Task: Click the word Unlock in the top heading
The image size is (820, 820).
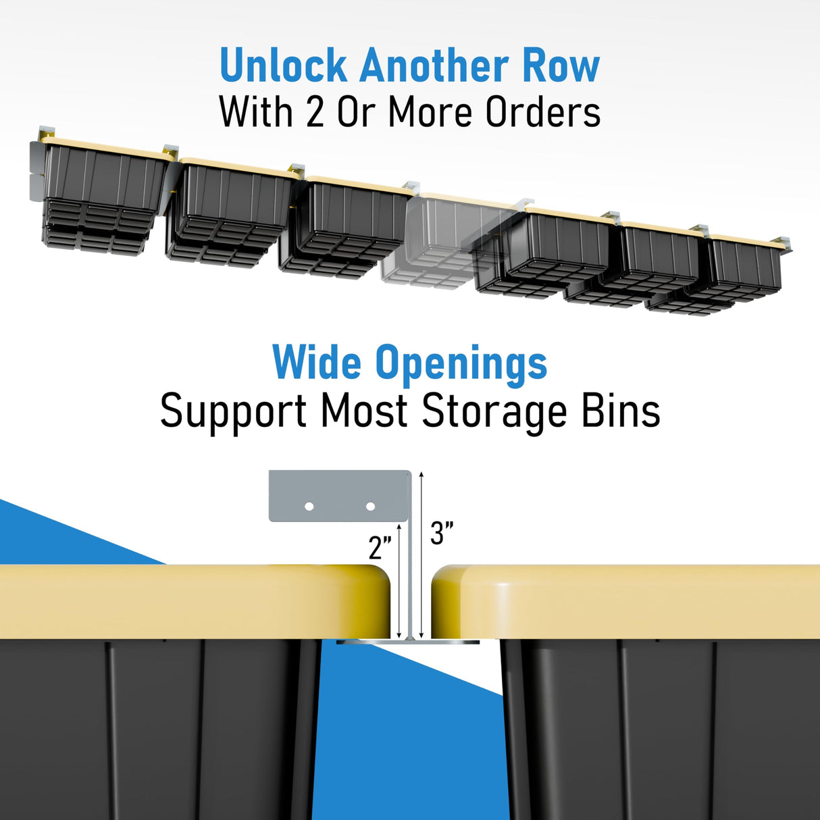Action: pos(284,66)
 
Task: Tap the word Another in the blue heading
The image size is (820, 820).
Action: pos(434,66)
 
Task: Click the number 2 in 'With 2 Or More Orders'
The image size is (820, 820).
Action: pos(315,112)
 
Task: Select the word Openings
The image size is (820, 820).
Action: pos(461,364)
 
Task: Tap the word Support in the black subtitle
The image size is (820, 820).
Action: pos(233,411)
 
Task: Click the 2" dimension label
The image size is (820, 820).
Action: pos(380,547)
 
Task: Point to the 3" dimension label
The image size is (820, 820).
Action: pos(442,534)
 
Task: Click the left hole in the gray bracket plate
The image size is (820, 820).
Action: pos(309,506)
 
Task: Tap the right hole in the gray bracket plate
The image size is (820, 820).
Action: pos(370,506)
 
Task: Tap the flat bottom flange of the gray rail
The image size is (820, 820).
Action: pos(408,642)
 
